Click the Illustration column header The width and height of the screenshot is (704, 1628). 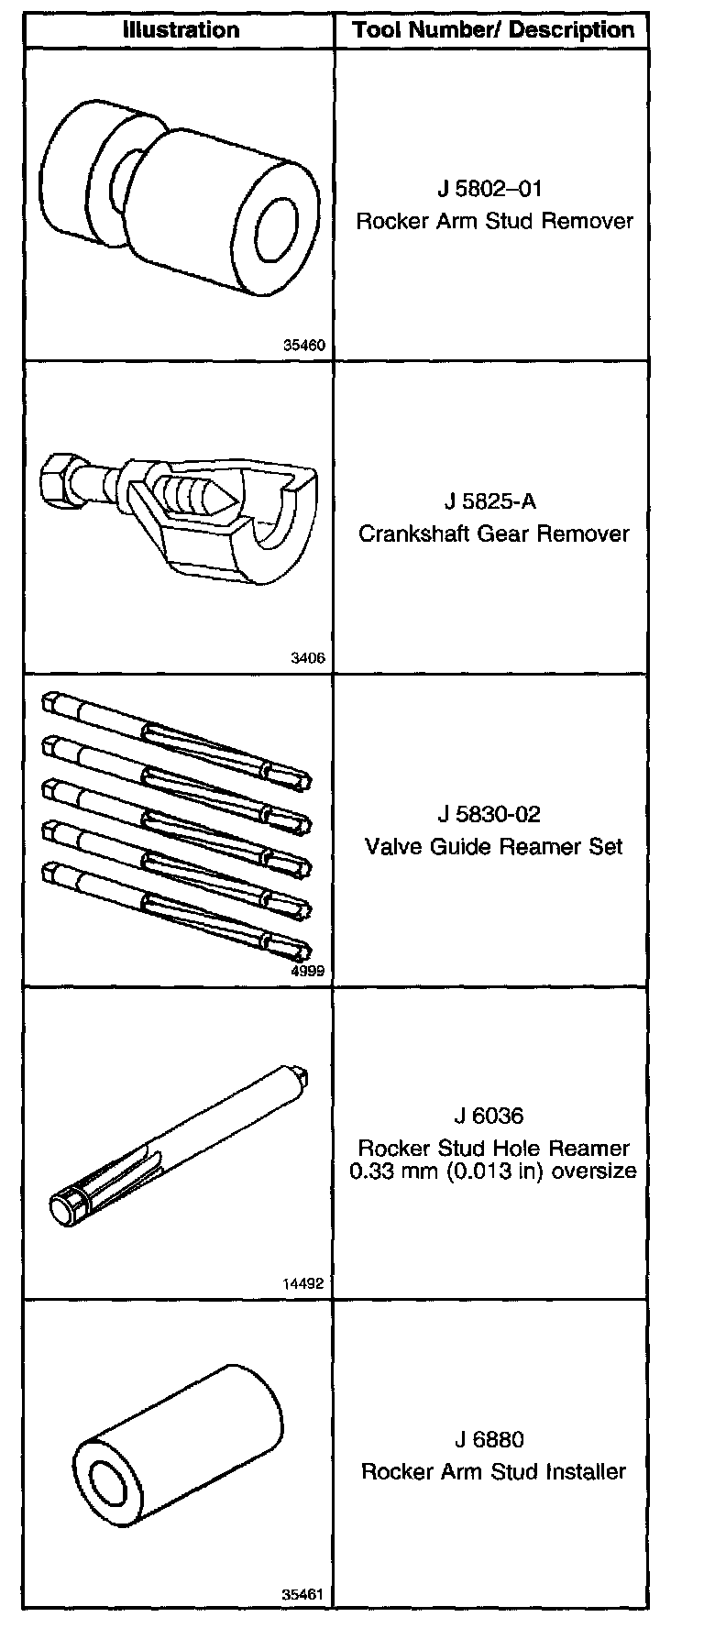(x=181, y=29)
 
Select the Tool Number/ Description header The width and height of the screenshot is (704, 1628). (x=493, y=29)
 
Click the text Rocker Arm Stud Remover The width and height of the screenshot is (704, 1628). (x=494, y=221)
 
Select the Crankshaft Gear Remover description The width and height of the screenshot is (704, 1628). (x=494, y=533)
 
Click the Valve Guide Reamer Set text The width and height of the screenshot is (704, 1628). (x=494, y=845)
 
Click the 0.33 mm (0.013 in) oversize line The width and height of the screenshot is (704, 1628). (x=494, y=1171)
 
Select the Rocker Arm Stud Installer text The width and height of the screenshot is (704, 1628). (x=494, y=1471)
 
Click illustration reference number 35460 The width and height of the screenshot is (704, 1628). (x=303, y=346)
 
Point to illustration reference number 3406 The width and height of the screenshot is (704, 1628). (x=309, y=658)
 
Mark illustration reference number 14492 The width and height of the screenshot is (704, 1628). (x=303, y=1284)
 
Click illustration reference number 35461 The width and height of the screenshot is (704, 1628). (x=303, y=1594)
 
